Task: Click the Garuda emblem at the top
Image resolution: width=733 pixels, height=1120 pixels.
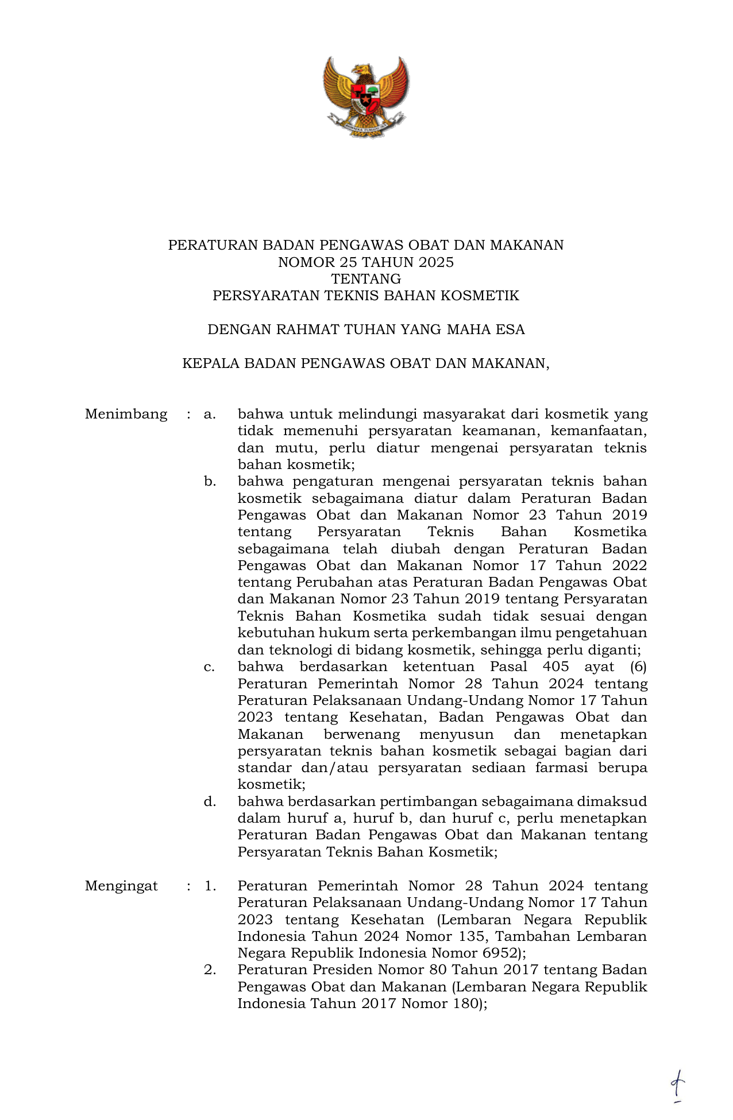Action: pos(366,96)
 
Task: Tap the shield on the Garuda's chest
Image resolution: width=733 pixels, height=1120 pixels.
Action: pos(366,96)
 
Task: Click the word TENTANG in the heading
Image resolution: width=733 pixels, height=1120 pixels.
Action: pos(366,279)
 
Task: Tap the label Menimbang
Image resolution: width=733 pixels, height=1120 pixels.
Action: pos(126,414)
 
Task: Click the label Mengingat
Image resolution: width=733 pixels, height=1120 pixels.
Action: pos(121,886)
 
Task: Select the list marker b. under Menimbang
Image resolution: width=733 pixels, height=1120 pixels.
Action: pos(210,482)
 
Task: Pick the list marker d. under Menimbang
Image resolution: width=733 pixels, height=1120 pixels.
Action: pos(210,801)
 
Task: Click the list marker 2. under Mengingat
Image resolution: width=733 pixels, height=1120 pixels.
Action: pos(210,970)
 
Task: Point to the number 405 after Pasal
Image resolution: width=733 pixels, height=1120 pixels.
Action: pos(555,666)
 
